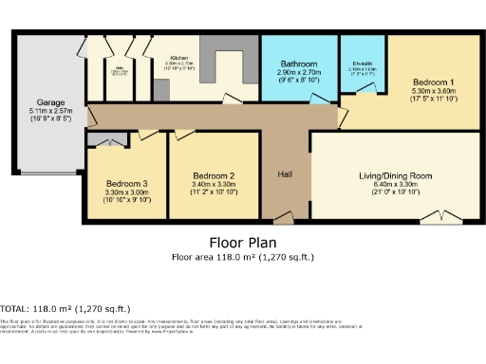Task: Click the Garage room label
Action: (50, 101)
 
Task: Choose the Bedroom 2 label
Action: (213, 175)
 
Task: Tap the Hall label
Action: (285, 174)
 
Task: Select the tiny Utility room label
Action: (121, 69)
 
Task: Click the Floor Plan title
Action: (241, 242)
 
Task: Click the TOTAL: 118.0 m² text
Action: (65, 308)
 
